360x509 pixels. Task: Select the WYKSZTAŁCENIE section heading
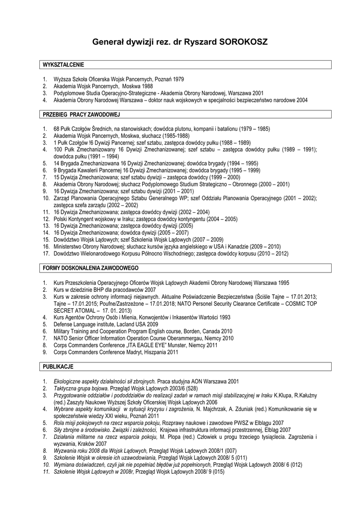click(64, 65)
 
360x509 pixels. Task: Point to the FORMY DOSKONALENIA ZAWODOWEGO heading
click(90, 268)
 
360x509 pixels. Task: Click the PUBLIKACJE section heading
click(58, 366)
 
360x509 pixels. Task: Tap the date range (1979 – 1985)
click(254, 129)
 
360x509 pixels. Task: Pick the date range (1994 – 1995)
click(243, 163)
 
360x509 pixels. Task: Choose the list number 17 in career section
click(45, 254)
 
